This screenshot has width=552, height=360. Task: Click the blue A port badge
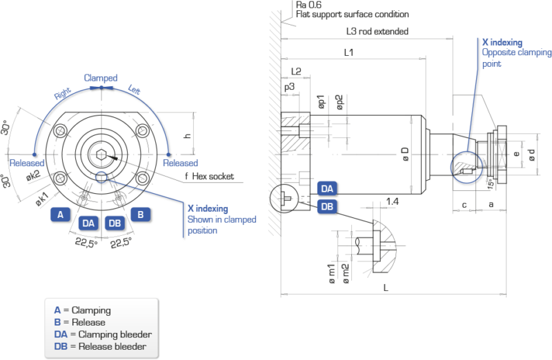(61, 214)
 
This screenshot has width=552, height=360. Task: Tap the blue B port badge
(141, 214)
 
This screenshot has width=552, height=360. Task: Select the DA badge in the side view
(327, 188)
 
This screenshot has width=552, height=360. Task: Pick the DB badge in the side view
(327, 206)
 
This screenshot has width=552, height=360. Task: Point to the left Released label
(27, 163)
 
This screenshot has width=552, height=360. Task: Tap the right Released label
(180, 163)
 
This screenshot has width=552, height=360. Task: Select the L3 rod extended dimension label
(379, 32)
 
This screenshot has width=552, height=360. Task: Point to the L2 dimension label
(295, 71)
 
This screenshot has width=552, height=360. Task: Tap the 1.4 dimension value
(393, 201)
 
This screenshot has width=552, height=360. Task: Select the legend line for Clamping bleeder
(103, 334)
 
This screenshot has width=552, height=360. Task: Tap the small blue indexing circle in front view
(102, 178)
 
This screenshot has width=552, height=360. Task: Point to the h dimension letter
(197, 135)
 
